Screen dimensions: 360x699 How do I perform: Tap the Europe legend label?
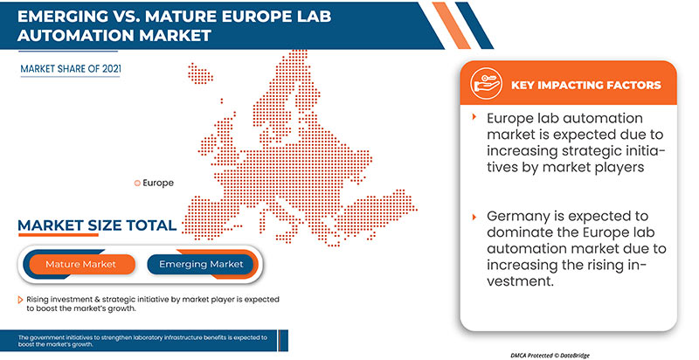tap(158, 183)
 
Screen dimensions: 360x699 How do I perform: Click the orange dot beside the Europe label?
tap(136, 183)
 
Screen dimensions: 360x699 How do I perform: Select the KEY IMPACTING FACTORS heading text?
tap(585, 86)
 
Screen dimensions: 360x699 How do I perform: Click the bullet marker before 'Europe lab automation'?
tap(474, 117)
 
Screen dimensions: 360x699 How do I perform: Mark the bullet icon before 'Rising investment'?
tap(19, 300)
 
